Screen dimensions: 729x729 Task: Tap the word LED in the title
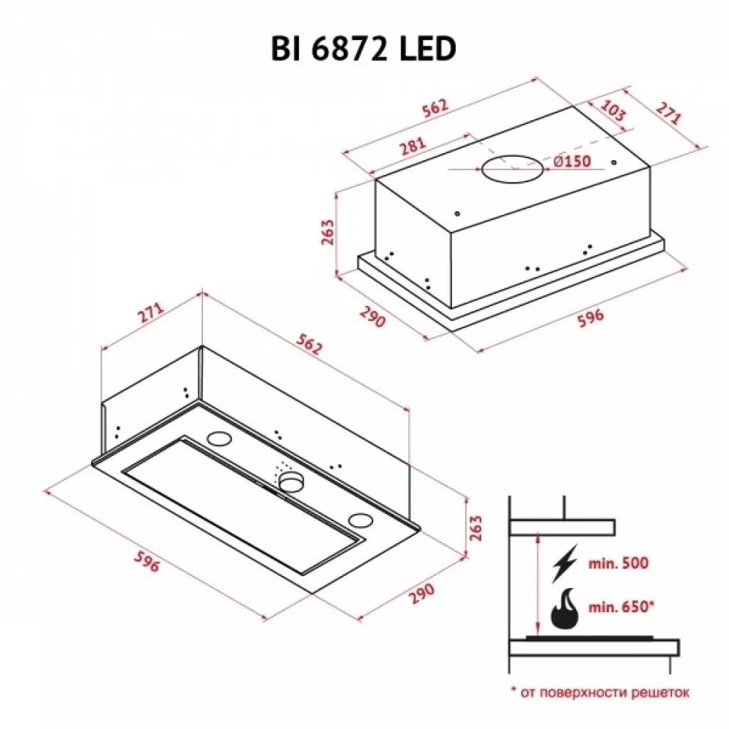(x=427, y=51)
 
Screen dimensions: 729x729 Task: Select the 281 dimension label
(x=412, y=146)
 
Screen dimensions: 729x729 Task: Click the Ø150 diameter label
(x=572, y=162)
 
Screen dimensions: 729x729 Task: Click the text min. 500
(x=619, y=563)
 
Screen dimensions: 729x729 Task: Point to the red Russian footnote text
(x=599, y=691)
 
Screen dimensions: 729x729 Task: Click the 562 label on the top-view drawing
(x=435, y=107)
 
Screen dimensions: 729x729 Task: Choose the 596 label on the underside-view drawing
(x=146, y=563)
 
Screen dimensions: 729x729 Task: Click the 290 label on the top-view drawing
(x=372, y=315)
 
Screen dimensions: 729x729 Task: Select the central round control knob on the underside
(x=290, y=483)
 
